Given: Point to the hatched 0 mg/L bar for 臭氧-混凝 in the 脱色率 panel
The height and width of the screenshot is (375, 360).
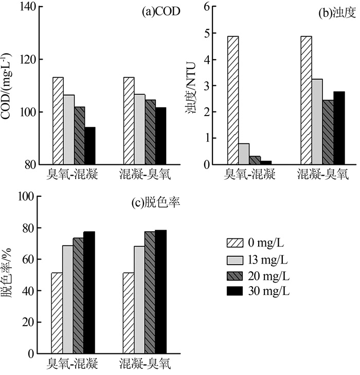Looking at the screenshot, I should [57, 313].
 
